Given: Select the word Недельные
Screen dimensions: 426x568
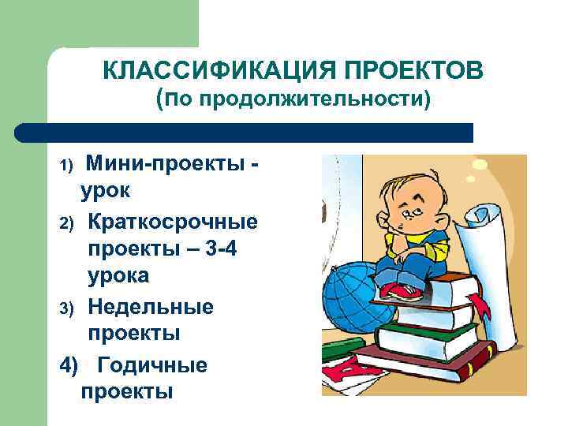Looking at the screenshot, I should click(151, 305).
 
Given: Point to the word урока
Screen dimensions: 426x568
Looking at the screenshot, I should click(118, 277).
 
